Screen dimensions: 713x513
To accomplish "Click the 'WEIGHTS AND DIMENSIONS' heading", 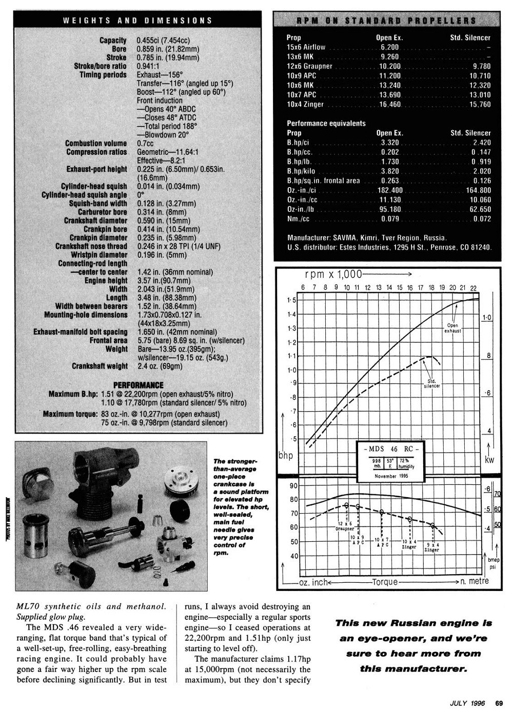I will (x=137, y=21).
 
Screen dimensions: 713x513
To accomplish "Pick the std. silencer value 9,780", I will (x=481, y=66).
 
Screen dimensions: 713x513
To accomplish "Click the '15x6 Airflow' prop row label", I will (x=306, y=47).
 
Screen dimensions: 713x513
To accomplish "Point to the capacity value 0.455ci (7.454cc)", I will (x=168, y=40).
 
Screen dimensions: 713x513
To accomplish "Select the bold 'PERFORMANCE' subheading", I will (x=138, y=385).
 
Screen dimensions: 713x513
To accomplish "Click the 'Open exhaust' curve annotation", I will (x=453, y=328).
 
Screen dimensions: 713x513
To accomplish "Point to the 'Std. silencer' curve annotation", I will (x=431, y=383).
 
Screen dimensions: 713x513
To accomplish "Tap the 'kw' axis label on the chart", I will (x=489, y=460).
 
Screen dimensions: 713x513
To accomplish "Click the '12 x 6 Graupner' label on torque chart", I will (x=345, y=525).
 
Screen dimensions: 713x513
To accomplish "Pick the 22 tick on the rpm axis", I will (x=473, y=287).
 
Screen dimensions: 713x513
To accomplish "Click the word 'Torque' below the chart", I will (x=385, y=582).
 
